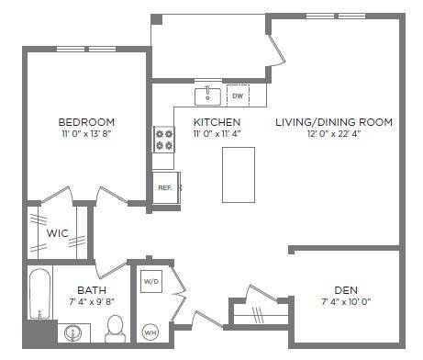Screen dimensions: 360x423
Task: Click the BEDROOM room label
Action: (x=86, y=122)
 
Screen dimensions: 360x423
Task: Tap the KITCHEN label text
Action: (x=217, y=122)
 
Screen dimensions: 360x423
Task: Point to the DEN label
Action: (x=346, y=288)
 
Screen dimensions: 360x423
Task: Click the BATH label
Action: (x=91, y=288)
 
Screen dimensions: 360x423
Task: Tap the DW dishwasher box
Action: (x=237, y=96)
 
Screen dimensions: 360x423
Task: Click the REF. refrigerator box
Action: (x=166, y=187)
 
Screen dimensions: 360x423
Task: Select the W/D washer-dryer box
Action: (x=150, y=281)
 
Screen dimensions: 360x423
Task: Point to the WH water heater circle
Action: (x=150, y=331)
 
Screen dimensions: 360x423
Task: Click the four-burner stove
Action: (x=164, y=139)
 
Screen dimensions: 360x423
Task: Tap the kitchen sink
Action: (x=207, y=96)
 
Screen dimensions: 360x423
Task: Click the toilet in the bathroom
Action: (x=116, y=327)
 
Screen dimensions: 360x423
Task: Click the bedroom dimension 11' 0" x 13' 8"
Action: (x=86, y=134)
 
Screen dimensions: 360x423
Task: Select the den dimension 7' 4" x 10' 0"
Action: (x=346, y=300)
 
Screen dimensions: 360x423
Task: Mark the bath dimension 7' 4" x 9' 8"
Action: (x=91, y=300)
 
